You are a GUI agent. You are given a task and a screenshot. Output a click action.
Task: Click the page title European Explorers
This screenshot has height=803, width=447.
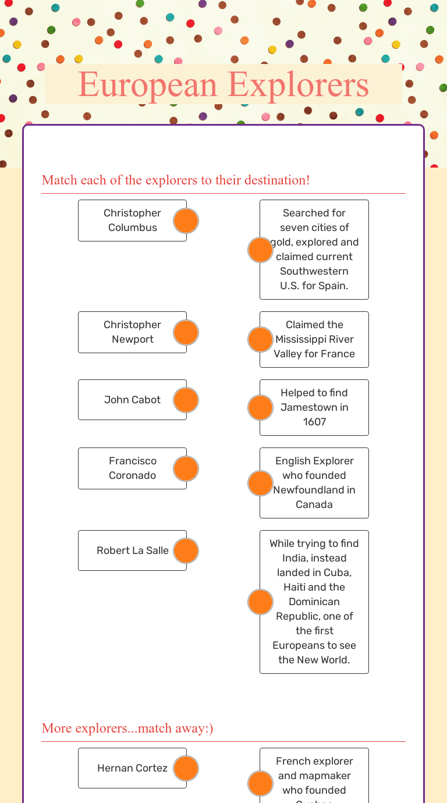pos(223,85)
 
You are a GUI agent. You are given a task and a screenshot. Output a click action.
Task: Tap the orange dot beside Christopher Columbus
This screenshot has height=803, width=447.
pos(186,221)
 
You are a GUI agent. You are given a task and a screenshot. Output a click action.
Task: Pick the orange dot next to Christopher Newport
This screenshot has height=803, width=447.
pos(186,332)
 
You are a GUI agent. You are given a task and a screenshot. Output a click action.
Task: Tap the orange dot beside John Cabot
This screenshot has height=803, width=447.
pos(186,400)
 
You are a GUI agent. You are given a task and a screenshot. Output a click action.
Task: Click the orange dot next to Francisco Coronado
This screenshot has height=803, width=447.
pos(186,469)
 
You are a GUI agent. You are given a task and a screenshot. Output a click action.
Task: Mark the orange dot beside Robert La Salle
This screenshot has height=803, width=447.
pos(186,551)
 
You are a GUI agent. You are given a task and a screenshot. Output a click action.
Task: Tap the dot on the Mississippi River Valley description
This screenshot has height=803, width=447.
pos(260,340)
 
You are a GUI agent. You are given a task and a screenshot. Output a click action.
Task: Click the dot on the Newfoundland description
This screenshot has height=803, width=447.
pos(260,484)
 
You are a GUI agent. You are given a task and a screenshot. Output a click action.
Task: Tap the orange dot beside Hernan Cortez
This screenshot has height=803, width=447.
pos(186,769)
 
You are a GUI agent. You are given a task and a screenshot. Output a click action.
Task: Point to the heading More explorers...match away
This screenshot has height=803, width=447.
pos(127,728)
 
